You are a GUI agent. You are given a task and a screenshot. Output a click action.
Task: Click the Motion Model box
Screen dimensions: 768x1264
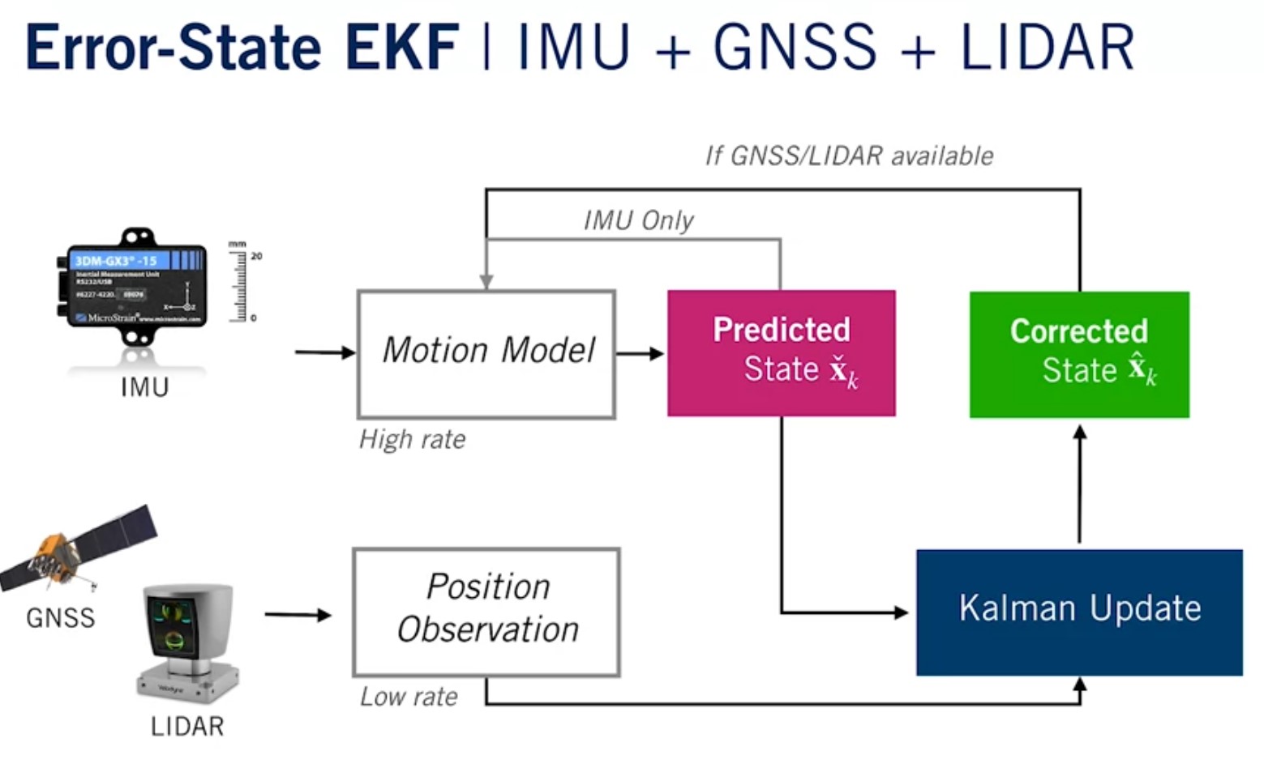[x=486, y=354]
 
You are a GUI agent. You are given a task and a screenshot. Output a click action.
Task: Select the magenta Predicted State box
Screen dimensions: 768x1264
[x=782, y=353]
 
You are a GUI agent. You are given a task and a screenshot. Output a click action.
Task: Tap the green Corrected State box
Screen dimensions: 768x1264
[x=1079, y=354]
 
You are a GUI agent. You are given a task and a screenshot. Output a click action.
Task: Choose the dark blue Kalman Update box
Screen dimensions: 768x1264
[x=1079, y=612]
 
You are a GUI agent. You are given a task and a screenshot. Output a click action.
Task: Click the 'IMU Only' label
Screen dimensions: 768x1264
[x=639, y=220]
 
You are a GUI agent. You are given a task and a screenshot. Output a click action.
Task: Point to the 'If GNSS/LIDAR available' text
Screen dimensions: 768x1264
[x=849, y=156]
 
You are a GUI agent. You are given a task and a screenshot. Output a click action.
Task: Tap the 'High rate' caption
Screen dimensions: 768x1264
[x=413, y=439]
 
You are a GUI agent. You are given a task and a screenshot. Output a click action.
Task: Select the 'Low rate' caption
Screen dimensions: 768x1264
[x=409, y=697]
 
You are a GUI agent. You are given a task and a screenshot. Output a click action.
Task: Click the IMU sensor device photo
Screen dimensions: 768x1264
[x=136, y=288]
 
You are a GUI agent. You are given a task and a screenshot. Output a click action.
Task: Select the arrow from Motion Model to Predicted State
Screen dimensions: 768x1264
[x=641, y=353]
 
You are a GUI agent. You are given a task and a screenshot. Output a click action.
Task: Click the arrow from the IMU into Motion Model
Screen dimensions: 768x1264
[x=325, y=352]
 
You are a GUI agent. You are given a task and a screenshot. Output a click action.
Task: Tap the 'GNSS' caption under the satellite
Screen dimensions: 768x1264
[x=61, y=618]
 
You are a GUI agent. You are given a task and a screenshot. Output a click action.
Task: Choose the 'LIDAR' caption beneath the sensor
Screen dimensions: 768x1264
[x=187, y=726]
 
